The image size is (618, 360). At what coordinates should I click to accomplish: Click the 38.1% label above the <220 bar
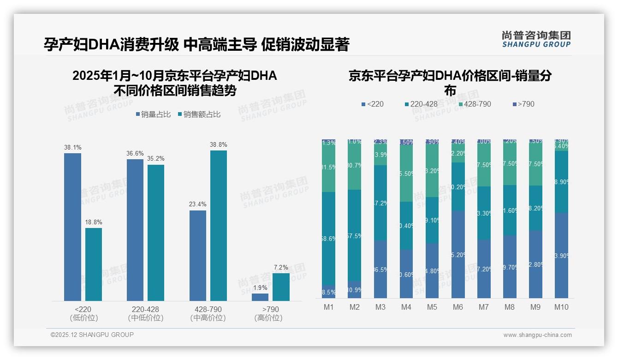point(72,148)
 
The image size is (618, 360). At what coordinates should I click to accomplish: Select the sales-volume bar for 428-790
point(198,256)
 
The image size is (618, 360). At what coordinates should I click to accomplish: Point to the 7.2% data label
point(281,268)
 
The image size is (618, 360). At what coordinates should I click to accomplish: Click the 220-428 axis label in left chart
point(145,309)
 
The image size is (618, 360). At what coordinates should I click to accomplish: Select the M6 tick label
point(458,307)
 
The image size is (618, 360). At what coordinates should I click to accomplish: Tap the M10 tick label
point(561,307)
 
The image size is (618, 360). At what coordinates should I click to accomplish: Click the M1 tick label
point(329,307)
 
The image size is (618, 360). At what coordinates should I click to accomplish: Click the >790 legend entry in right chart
point(523,104)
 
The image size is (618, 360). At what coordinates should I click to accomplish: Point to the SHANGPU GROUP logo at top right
point(536,39)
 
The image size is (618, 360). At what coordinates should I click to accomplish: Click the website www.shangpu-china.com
point(537,335)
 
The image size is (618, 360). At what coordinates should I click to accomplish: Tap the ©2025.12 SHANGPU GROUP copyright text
point(92,335)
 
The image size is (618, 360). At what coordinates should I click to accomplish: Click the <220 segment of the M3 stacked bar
point(380,269)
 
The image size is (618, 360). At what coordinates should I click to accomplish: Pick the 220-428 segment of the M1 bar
point(329,239)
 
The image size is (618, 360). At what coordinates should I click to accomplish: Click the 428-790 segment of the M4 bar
point(406,173)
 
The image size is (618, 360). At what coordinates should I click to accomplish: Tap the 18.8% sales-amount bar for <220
point(94,264)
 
